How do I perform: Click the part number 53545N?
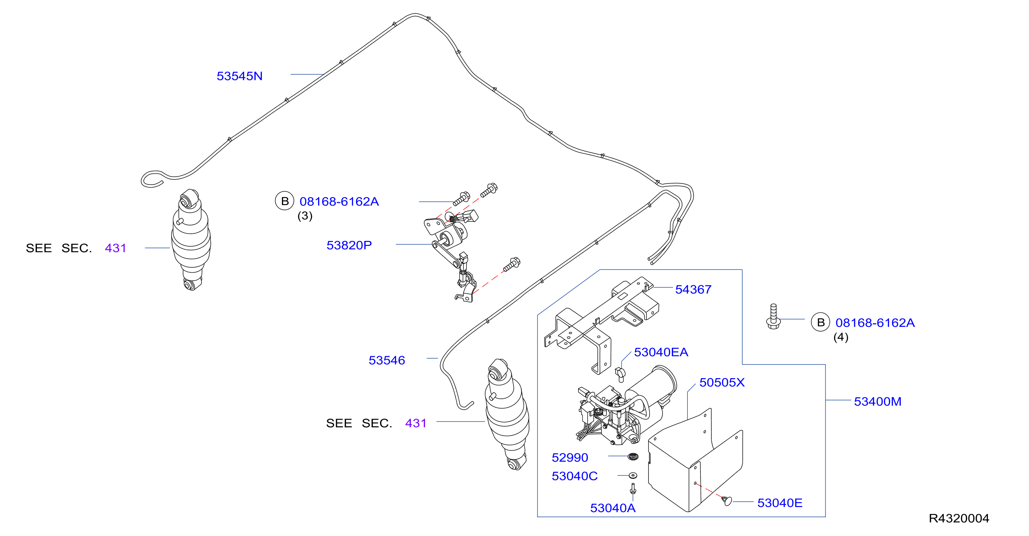pos(239,76)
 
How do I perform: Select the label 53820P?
pos(349,245)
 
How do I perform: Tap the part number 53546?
pos(386,360)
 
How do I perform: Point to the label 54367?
pos(693,289)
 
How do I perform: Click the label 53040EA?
pos(661,352)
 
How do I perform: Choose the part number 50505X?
pos(722,382)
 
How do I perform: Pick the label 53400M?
pos(877,401)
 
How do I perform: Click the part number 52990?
pos(570,457)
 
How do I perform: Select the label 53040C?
pos(574,476)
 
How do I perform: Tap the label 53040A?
pos(613,508)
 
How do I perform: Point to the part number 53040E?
pos(780,503)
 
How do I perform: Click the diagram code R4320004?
pos(959,518)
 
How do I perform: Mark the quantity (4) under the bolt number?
pos(841,337)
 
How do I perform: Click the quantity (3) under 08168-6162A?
pos(305,216)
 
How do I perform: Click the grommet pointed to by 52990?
pos(633,456)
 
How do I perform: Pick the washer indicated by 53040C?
pos(633,475)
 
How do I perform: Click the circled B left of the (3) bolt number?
pos(285,201)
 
